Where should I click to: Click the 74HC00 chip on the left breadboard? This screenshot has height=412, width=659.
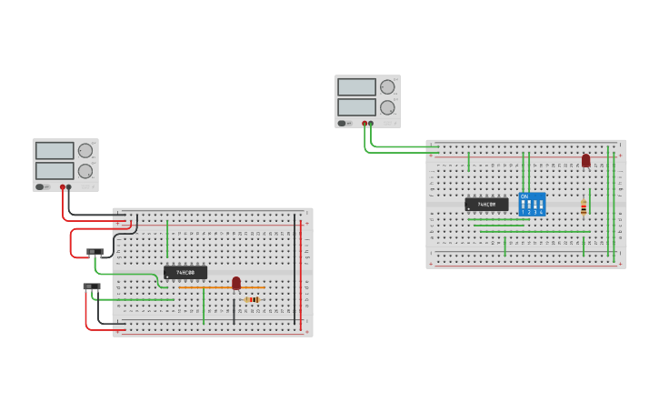point(185,272)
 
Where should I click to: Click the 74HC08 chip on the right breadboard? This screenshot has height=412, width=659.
point(486,205)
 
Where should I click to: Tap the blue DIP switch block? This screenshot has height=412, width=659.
point(532,204)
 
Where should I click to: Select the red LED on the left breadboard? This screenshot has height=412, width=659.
point(236,282)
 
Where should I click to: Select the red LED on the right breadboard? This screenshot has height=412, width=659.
point(585,160)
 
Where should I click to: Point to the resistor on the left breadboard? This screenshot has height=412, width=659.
point(252,299)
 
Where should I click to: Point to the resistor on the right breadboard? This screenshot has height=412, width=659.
point(584,207)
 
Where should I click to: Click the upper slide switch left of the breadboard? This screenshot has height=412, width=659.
point(95,251)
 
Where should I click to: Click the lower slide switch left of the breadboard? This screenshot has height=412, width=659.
point(91,286)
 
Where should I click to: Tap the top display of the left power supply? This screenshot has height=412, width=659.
point(55,151)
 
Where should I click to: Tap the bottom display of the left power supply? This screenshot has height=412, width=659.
point(55,170)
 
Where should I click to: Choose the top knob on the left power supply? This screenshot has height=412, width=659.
point(85,151)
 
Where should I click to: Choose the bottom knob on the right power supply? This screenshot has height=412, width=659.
point(387,106)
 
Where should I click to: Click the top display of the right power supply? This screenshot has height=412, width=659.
point(356,87)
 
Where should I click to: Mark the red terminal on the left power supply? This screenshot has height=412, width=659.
point(63,187)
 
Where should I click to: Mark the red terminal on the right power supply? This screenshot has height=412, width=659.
point(364,123)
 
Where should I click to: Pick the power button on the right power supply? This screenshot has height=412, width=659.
point(342,123)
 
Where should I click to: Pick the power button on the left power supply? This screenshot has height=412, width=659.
point(40,187)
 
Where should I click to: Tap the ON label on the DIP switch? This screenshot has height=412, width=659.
point(524,196)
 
